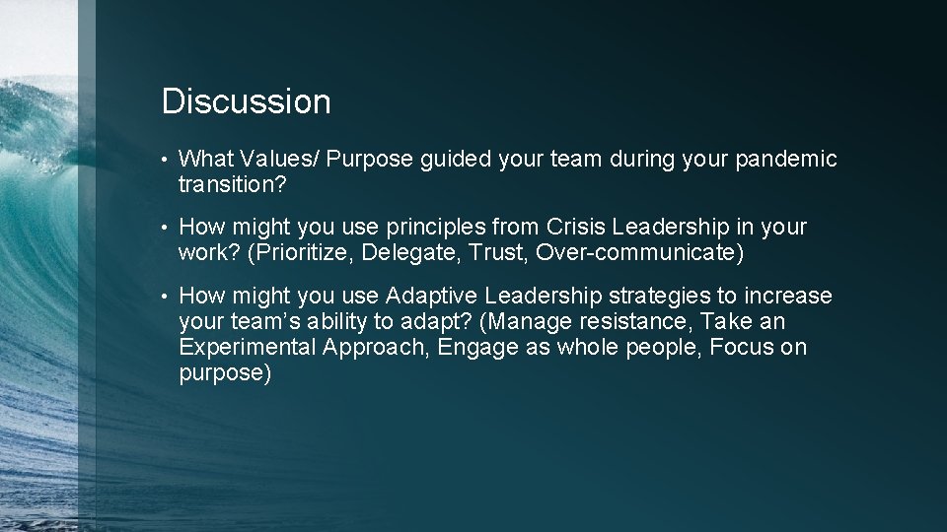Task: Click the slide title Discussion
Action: coord(246,101)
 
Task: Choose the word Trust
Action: coord(499,252)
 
